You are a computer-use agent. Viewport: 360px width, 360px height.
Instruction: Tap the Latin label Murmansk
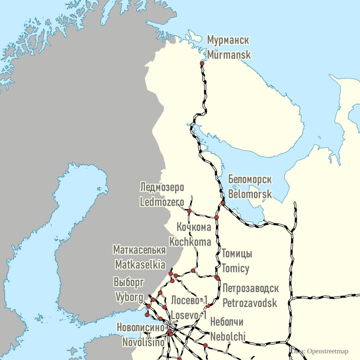229,54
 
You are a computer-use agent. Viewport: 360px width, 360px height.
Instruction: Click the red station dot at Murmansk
202,63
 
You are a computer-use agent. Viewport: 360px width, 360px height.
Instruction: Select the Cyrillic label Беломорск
250,180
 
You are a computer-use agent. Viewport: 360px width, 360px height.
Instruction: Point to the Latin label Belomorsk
250,194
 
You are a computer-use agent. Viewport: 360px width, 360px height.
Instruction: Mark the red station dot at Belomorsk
223,203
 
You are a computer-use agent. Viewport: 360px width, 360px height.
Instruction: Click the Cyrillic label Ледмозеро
162,187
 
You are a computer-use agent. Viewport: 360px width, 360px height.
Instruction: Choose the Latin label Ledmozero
162,202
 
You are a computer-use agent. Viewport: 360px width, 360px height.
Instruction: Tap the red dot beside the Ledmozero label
189,210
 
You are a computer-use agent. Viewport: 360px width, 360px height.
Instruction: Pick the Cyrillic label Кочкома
194,227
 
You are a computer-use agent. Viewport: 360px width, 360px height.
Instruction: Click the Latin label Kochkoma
190,241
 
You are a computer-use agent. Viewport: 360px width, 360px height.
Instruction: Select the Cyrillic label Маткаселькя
139,250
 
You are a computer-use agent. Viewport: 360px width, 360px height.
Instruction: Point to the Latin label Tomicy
235,268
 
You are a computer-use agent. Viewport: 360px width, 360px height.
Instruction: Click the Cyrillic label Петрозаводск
251,289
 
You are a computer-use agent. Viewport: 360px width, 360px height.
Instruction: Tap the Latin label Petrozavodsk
250,303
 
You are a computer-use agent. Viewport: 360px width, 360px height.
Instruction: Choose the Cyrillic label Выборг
129,282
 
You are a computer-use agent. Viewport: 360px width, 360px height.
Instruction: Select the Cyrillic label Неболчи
227,322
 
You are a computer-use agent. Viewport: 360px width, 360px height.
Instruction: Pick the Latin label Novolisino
144,342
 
